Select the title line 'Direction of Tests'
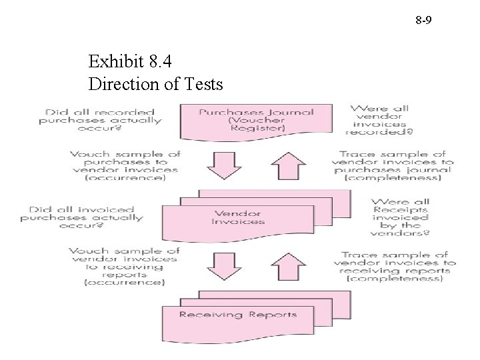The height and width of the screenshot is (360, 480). point(156,85)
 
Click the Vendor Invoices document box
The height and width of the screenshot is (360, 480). point(238,217)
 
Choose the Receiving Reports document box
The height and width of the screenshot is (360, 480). point(237,315)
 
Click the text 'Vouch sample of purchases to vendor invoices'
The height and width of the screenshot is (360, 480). point(124,162)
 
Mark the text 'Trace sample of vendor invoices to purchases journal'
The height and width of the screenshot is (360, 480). point(393,161)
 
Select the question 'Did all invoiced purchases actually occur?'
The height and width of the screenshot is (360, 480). point(81,217)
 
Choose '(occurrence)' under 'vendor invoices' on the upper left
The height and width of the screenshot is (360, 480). point(125,179)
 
